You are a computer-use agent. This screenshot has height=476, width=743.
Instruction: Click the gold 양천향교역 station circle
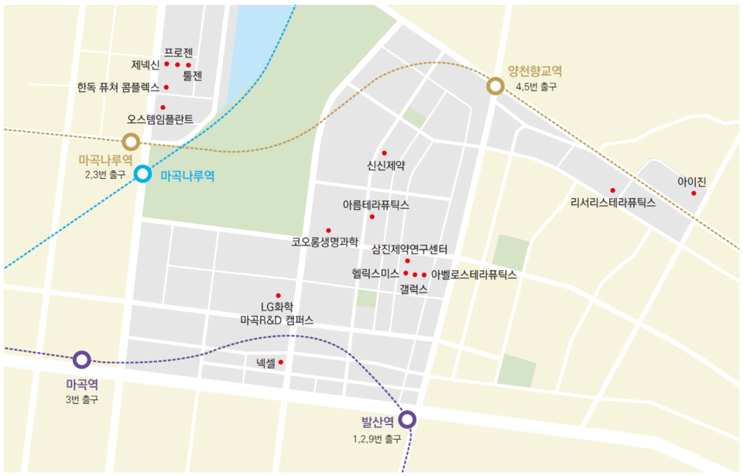tap(495, 86)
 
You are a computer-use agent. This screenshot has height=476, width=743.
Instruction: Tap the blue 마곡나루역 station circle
tap(142, 174)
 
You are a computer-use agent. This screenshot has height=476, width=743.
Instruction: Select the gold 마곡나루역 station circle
tap(131, 142)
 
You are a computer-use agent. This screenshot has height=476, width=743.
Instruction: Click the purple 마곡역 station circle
tap(81, 360)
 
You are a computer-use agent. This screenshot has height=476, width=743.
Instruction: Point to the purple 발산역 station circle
tap(408, 419)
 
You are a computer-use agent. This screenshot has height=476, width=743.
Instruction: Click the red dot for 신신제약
tap(384, 153)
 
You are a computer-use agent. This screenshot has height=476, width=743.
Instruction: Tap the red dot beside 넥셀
tap(281, 361)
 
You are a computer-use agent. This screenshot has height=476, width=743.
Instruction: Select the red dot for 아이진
tap(693, 193)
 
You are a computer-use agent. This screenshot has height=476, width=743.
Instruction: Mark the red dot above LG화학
tap(278, 295)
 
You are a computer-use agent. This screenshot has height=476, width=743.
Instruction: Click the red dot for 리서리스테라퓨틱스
tap(612, 190)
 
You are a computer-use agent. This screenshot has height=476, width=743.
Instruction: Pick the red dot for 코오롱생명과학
tap(328, 230)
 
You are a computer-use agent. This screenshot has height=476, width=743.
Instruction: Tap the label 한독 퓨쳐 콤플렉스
tap(118, 87)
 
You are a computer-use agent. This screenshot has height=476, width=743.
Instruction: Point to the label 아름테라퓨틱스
tap(376, 205)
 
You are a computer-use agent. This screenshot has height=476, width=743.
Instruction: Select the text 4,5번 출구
tap(536, 87)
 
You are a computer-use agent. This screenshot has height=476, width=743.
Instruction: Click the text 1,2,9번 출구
tap(376, 439)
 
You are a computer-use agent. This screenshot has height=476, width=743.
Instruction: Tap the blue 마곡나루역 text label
tap(187, 176)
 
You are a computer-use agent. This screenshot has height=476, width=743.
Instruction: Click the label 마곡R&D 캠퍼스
tap(277, 320)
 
